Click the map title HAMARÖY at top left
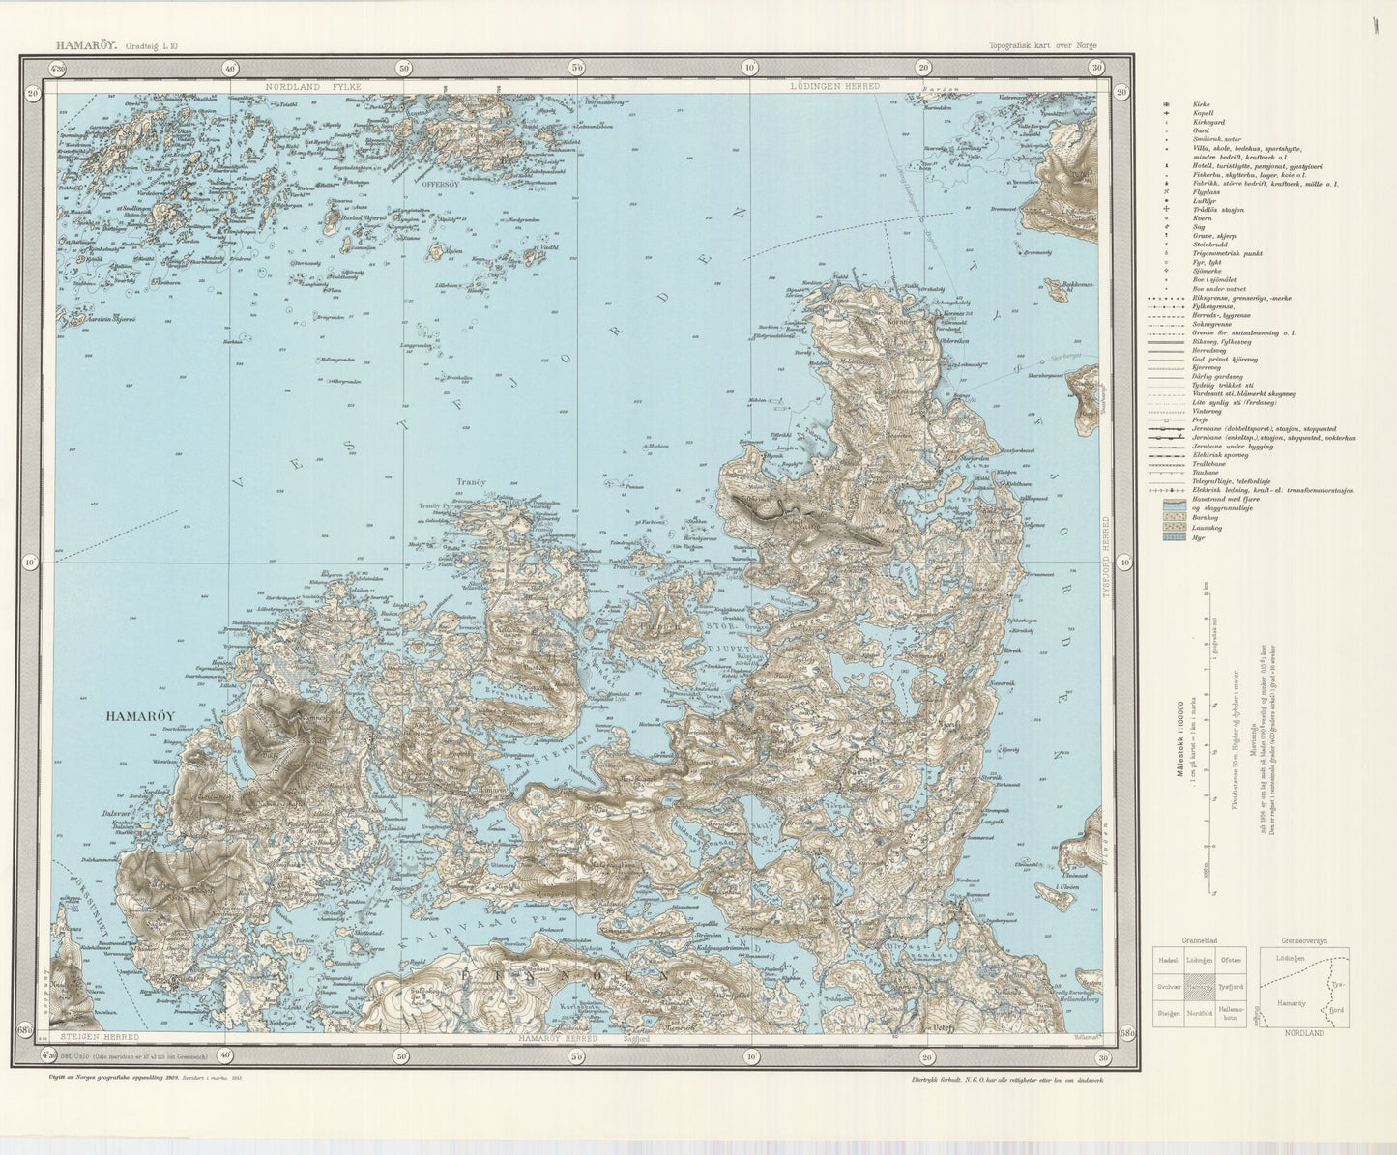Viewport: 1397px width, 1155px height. pos(87,44)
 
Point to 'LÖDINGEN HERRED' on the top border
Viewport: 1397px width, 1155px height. pos(834,86)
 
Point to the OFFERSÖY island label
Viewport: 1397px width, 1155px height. pos(439,183)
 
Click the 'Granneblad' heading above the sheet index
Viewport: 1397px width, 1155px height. pos(1198,939)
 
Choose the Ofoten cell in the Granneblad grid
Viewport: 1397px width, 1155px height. pos(1231,959)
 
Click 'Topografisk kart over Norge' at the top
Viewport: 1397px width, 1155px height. pos(1042,44)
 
